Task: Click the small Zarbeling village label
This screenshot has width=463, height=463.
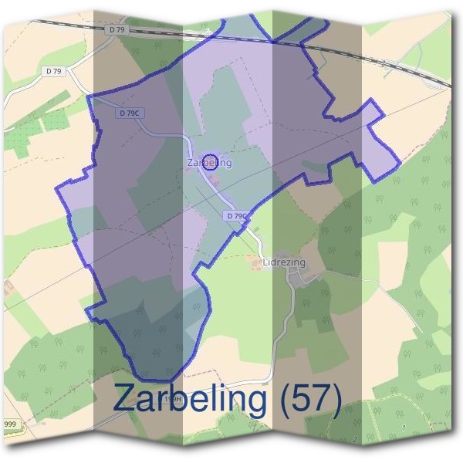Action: (209, 164)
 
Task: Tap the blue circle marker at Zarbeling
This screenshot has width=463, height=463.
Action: (209, 161)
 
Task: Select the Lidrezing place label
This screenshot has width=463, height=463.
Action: (284, 262)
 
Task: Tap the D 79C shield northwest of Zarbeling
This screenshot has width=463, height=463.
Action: (130, 113)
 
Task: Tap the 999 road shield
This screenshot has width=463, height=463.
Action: (9, 425)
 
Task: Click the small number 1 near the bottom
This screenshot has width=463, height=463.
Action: (403, 428)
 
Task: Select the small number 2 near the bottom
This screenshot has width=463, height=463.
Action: (354, 440)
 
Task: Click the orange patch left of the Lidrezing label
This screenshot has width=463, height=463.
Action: (255, 265)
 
